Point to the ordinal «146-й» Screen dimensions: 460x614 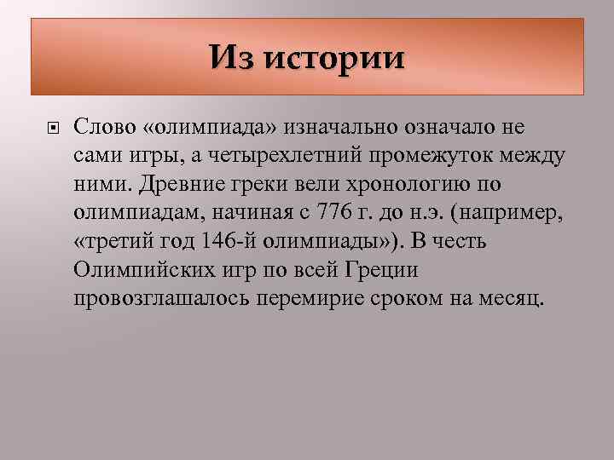click(228, 243)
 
